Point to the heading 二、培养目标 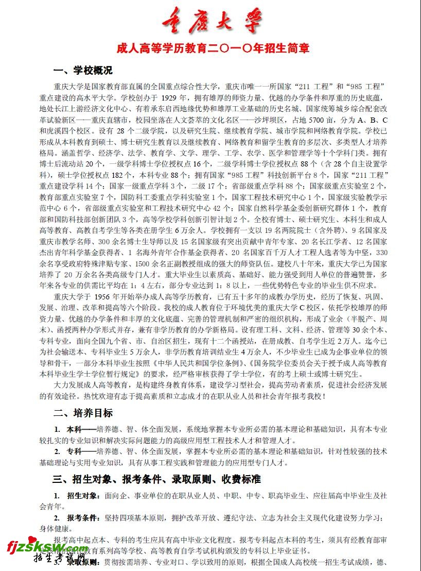[x=82, y=413]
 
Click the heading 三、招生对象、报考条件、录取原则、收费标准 [x=156, y=479]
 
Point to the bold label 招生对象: [x=83, y=496]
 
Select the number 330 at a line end [x=381, y=253]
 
